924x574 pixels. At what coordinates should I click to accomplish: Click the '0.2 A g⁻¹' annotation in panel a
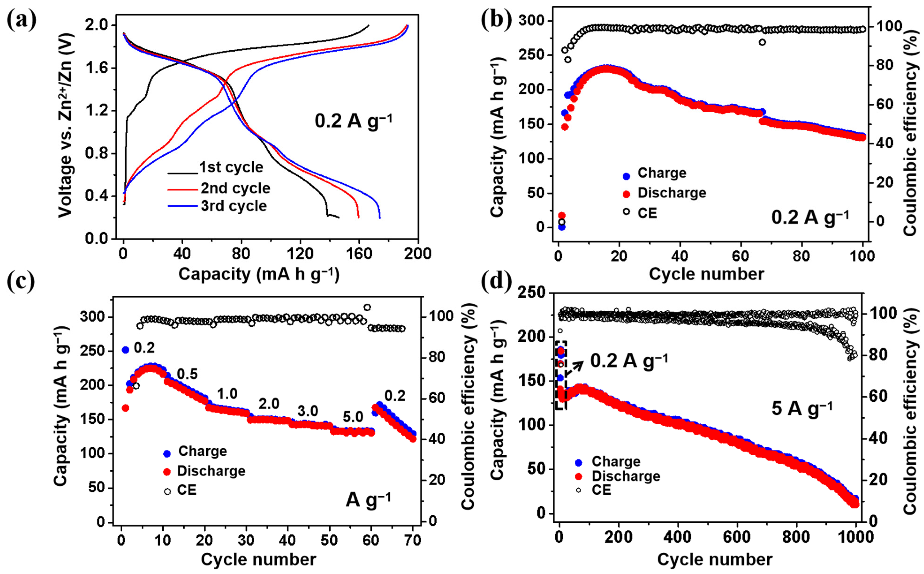click(353, 121)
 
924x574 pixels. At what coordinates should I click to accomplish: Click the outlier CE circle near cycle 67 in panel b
click(762, 42)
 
